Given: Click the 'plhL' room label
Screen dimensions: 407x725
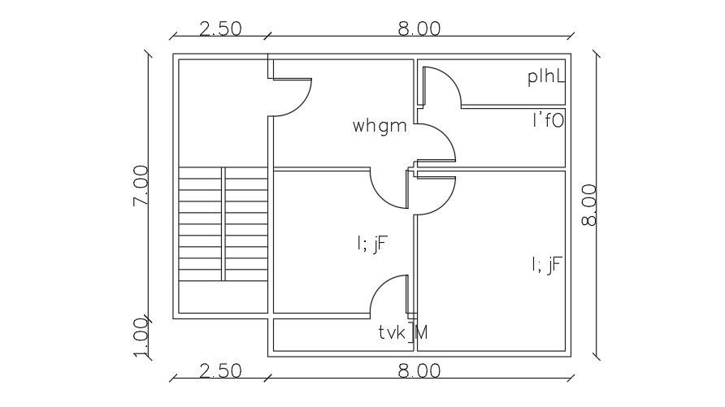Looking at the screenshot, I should [545, 77].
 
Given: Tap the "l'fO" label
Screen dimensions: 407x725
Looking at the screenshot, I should [548, 121].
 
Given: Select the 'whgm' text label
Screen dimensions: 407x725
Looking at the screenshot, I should [379, 126].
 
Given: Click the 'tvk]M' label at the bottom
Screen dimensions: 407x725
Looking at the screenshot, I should [403, 331].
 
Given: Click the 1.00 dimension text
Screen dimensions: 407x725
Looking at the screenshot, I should [141, 337].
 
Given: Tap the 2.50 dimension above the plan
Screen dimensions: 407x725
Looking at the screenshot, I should [220, 28].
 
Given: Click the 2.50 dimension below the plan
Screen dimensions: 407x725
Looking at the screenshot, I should [220, 370].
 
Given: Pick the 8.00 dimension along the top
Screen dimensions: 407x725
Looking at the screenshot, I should [419, 28].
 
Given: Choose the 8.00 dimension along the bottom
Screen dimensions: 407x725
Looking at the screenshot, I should [419, 370].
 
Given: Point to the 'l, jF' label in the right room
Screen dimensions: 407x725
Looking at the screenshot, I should [546, 264].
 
